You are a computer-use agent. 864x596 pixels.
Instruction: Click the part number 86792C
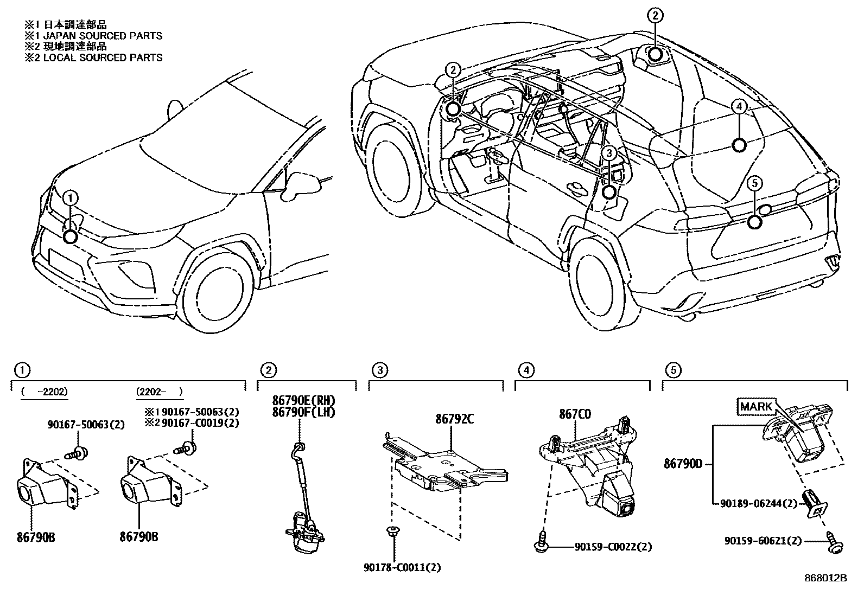click(455, 419)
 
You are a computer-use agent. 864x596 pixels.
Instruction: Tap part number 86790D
click(683, 464)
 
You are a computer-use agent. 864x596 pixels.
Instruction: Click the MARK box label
click(755, 406)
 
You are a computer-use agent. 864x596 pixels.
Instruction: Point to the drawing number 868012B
click(825, 578)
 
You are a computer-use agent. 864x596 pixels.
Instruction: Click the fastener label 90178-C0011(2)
click(402, 568)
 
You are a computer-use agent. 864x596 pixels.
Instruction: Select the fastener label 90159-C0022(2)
click(613, 547)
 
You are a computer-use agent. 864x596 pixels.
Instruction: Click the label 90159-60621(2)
click(762, 541)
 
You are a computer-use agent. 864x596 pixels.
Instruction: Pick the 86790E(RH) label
click(304, 400)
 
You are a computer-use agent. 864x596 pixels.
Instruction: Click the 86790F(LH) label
click(304, 412)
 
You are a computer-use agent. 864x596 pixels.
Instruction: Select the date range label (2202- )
click(159, 392)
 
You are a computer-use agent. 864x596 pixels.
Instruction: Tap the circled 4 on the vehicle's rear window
click(739, 107)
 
